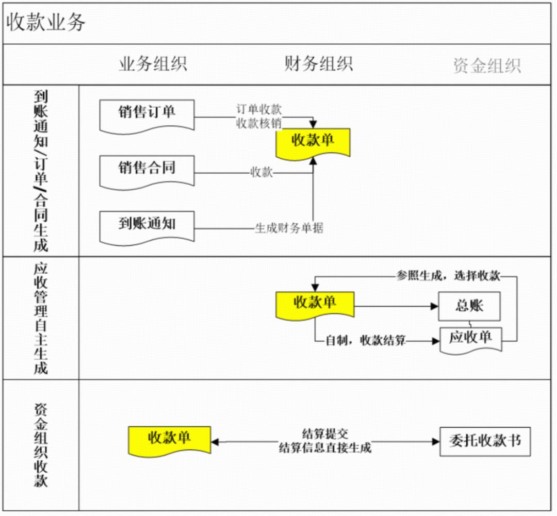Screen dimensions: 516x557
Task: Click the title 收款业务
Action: coord(45,23)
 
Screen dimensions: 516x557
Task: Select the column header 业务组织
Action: coord(153,64)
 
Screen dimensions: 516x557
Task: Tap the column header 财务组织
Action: coord(318,63)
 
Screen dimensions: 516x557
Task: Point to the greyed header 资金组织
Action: coord(487,65)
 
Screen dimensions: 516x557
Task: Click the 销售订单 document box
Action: coord(146,112)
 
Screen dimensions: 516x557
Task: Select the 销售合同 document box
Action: coord(146,168)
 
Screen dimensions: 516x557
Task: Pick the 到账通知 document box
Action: coord(146,224)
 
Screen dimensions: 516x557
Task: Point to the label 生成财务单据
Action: coord(289,228)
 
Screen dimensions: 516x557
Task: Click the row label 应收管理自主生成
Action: coord(41,318)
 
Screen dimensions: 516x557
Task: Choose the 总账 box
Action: coord(469,306)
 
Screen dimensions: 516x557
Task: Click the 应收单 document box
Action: coord(470,338)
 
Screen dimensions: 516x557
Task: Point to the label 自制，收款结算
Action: coord(366,341)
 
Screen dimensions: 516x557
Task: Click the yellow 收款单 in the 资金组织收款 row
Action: coord(169,439)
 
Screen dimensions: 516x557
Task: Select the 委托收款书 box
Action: coord(485,441)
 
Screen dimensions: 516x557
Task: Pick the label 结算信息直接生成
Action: coord(324,447)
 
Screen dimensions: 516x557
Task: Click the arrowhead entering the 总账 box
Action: coord(434,306)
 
